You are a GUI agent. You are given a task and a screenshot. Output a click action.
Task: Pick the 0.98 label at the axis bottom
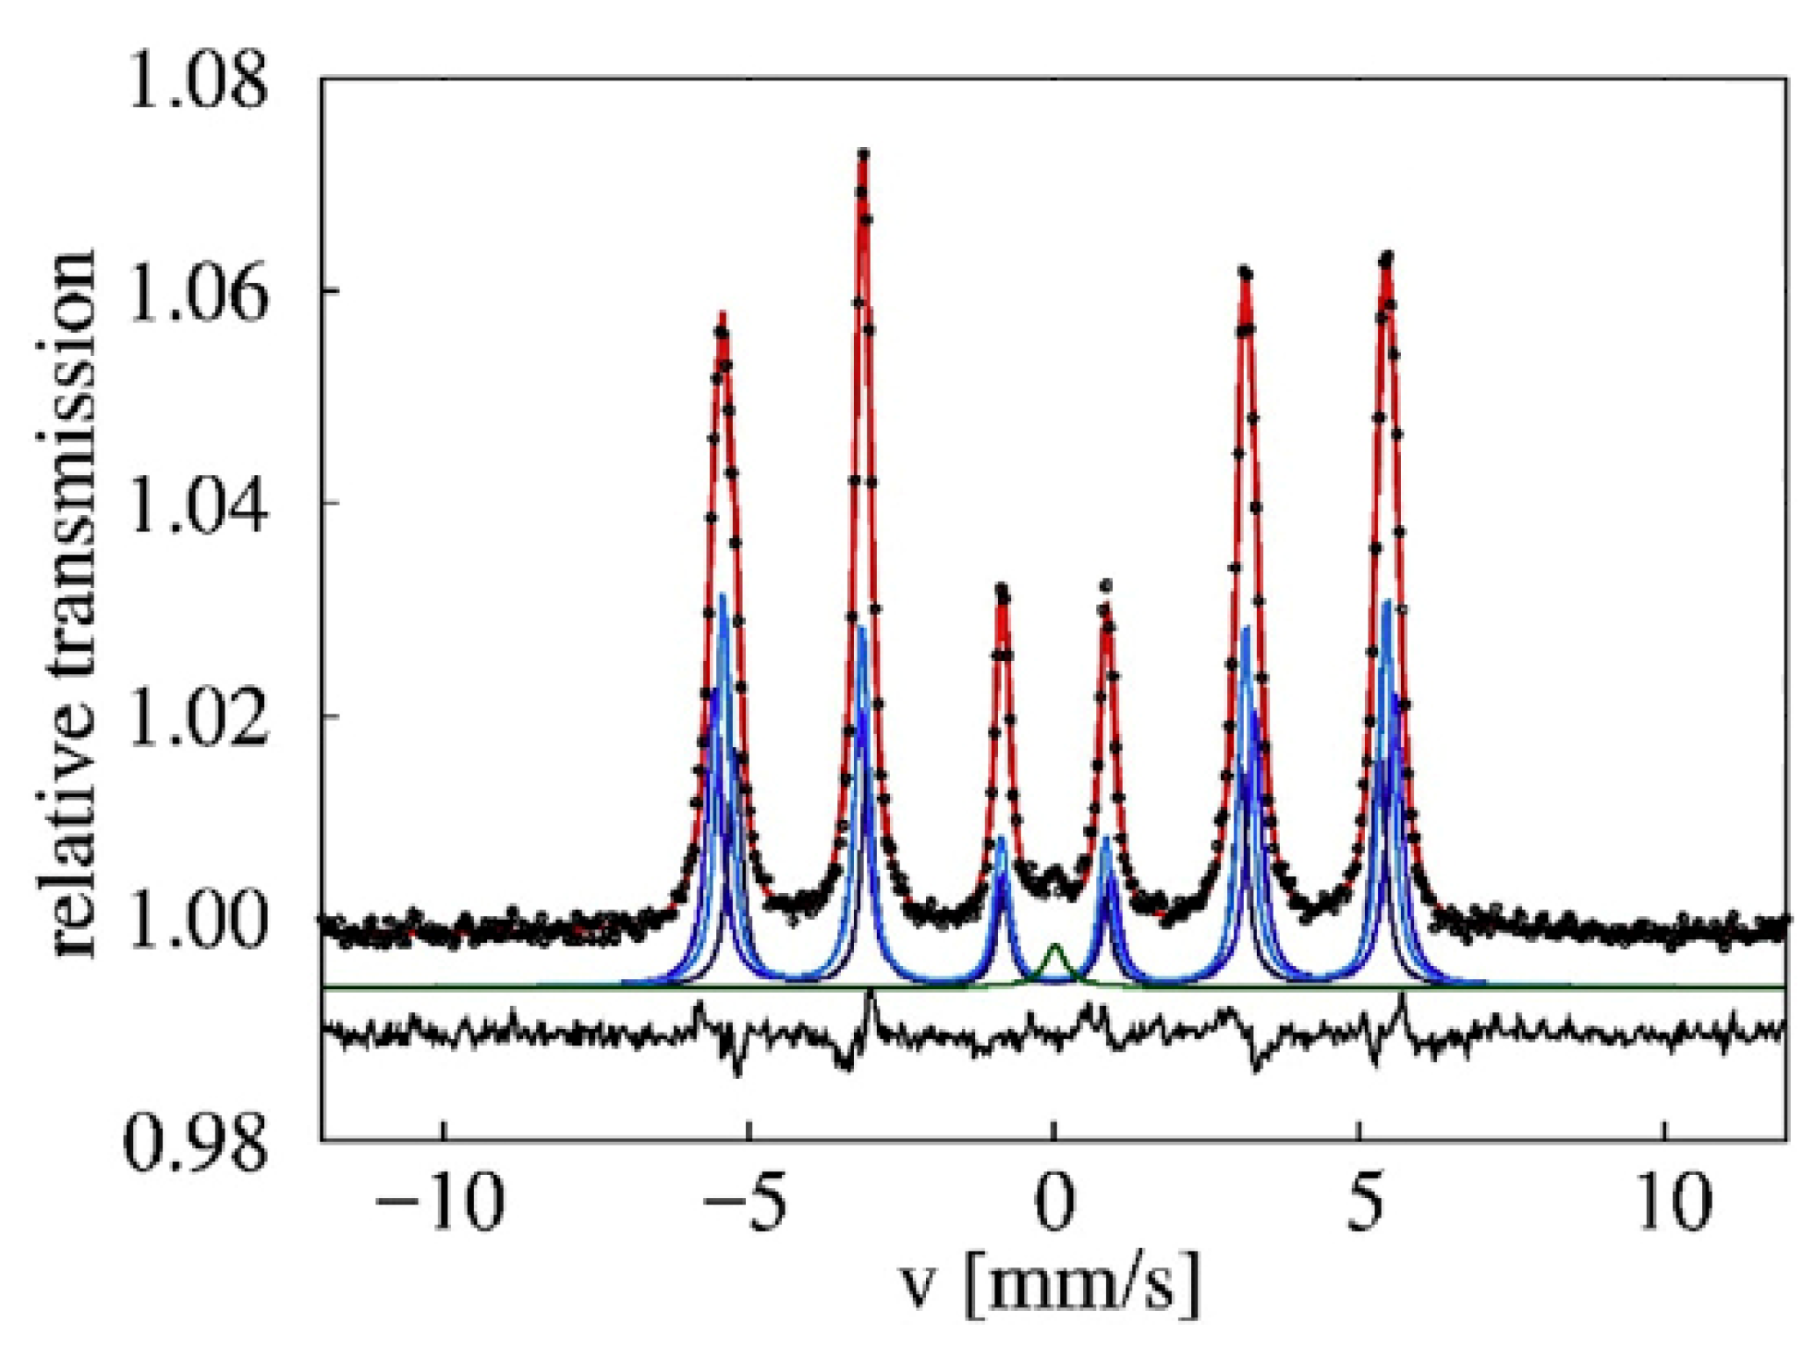196,1143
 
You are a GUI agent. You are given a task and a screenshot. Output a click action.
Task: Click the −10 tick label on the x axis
442,1202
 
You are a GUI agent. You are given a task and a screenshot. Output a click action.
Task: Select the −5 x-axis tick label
745,1202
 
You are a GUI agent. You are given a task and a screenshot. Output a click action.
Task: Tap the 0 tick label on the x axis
1054,1202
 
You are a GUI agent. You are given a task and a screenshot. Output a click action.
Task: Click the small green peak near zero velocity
1054,947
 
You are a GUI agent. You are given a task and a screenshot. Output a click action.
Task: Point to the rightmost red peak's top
1386,256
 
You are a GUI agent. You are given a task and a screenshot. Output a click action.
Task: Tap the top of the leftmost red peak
723,316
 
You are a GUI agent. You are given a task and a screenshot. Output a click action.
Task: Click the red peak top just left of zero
1002,588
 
